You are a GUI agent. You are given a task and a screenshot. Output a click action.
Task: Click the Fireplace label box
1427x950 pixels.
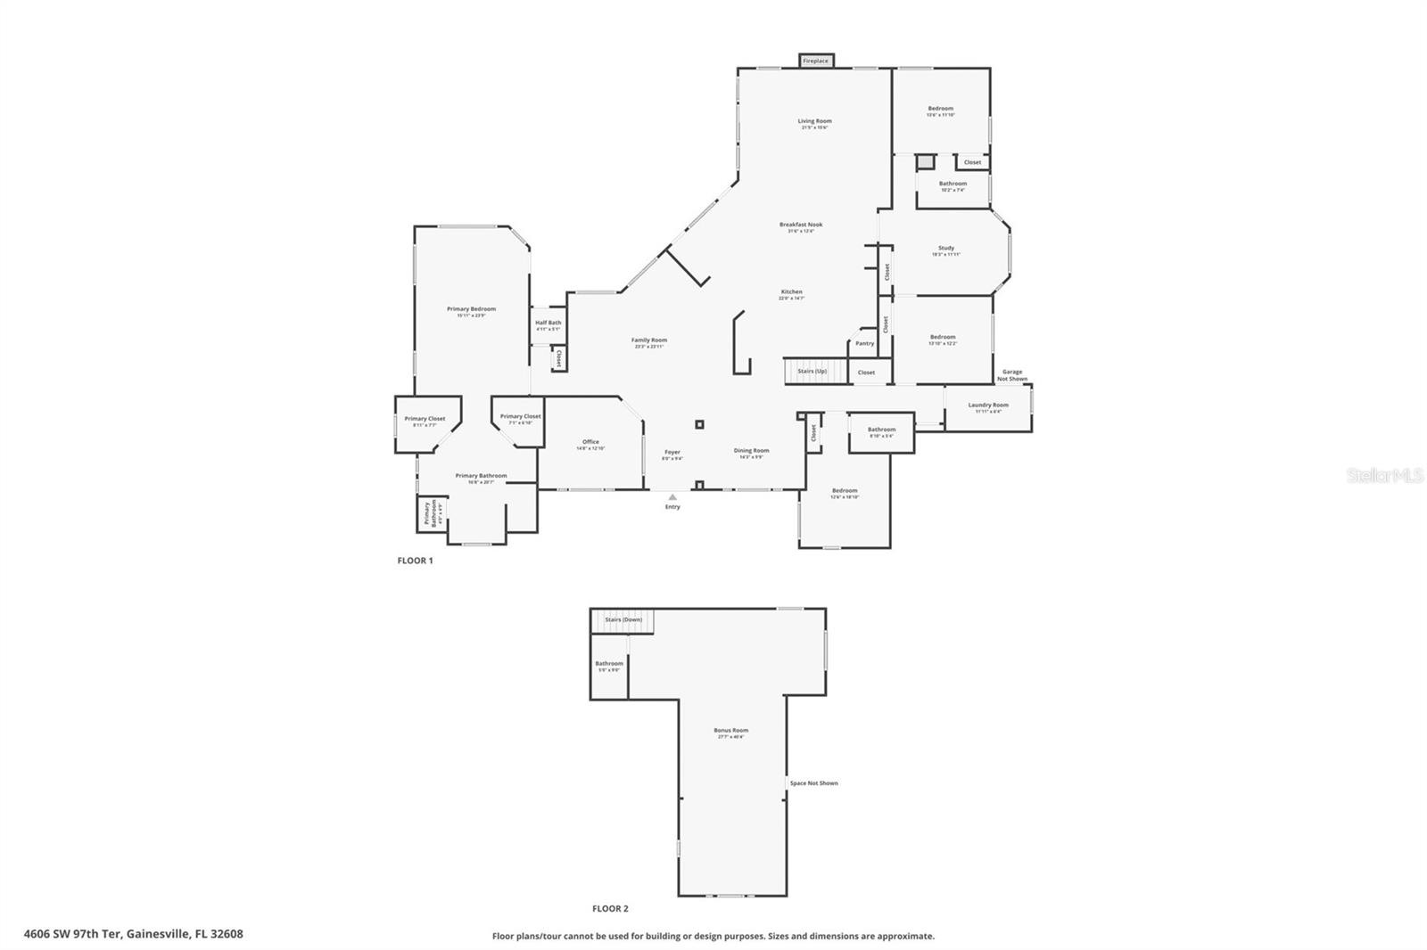[x=815, y=61]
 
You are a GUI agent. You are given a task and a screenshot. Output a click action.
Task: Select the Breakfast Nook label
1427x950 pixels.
[x=800, y=226]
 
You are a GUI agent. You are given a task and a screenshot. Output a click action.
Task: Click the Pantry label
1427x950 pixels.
[x=864, y=343]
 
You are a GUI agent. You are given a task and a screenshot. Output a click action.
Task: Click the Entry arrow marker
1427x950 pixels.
[x=672, y=497]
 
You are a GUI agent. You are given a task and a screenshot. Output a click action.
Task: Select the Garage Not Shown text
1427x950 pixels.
[x=1012, y=375]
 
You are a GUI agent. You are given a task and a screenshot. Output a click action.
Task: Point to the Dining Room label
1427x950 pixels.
[x=751, y=452]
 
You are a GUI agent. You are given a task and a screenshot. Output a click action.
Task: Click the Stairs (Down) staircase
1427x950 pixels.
[x=623, y=620]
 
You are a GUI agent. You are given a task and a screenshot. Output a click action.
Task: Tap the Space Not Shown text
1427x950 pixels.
[x=813, y=783]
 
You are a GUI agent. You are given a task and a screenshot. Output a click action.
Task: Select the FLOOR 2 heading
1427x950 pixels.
[x=610, y=909]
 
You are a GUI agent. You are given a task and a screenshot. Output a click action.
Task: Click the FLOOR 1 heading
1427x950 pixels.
[x=415, y=561]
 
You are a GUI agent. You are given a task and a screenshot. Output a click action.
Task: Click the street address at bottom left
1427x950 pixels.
[x=133, y=934]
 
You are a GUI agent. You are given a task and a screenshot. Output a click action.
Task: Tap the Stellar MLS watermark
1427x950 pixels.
[x=1384, y=476]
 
